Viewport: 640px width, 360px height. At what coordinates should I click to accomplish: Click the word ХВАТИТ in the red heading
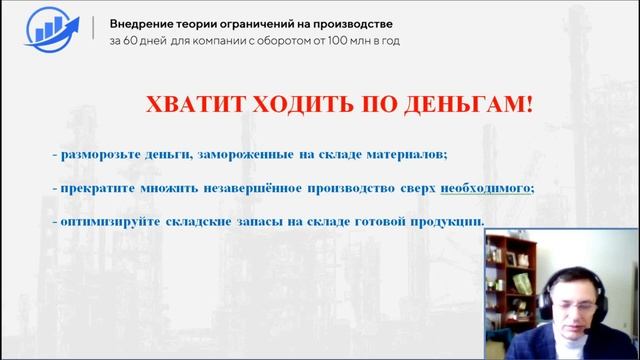coord(190,105)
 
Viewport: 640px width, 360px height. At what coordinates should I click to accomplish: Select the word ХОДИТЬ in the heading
coord(288,105)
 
